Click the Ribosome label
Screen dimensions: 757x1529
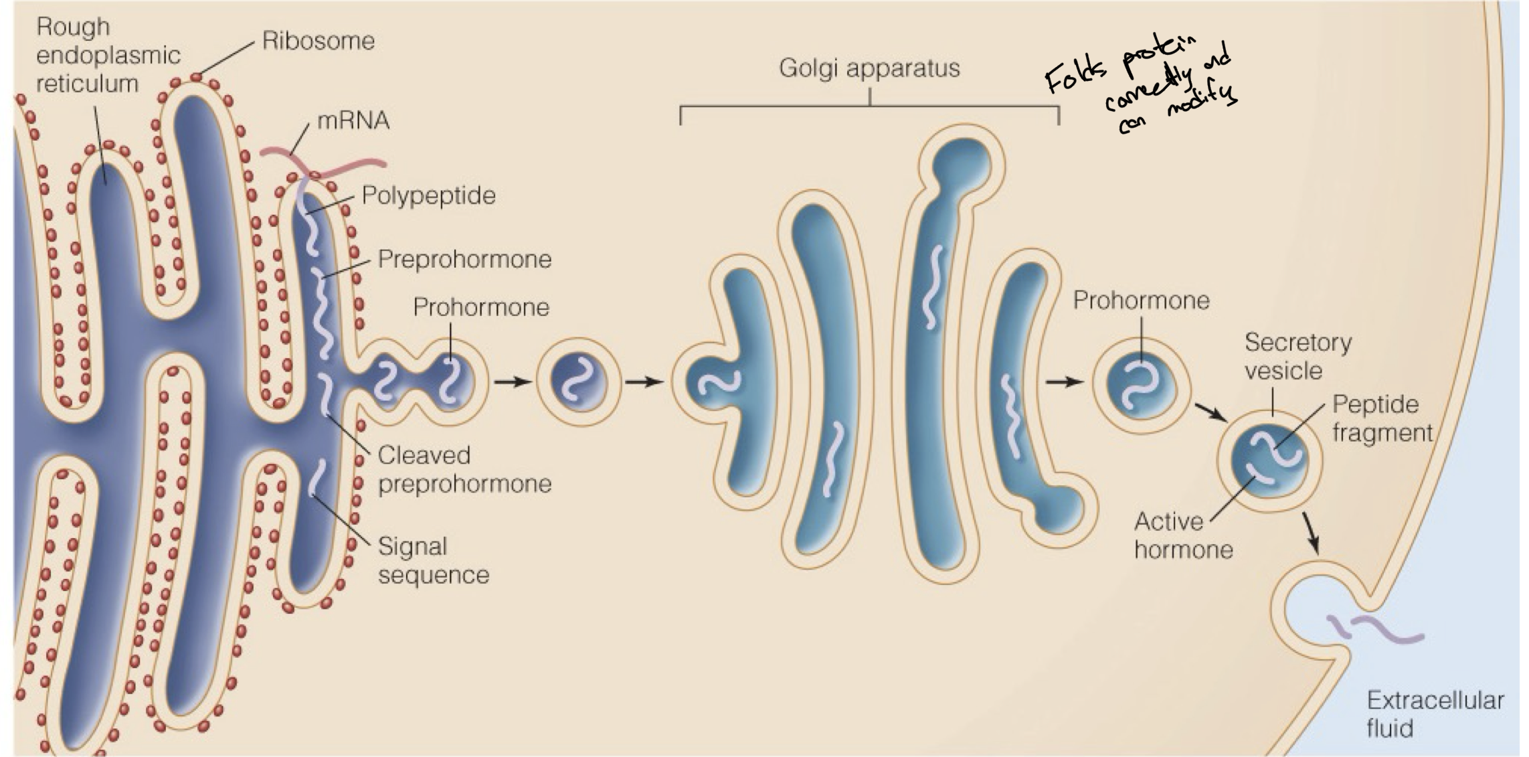318,41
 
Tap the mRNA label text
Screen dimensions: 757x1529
353,120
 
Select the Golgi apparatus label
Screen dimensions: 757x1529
869,68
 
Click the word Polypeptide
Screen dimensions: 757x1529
428,195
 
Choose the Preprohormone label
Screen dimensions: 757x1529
464,259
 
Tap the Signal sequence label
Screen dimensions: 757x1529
433,561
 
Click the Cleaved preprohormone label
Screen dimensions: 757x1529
464,469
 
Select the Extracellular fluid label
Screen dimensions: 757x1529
1435,714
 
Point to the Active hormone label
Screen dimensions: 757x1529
1183,535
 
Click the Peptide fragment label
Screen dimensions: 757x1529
1382,418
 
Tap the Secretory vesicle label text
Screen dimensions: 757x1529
1297,356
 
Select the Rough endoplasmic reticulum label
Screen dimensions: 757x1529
107,55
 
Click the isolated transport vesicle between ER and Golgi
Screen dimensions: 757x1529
579,382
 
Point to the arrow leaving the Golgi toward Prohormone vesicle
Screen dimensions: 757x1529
1064,382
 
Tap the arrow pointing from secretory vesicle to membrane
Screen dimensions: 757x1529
1311,533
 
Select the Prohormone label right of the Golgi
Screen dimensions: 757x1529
1141,301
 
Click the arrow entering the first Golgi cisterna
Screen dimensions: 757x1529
644,382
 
